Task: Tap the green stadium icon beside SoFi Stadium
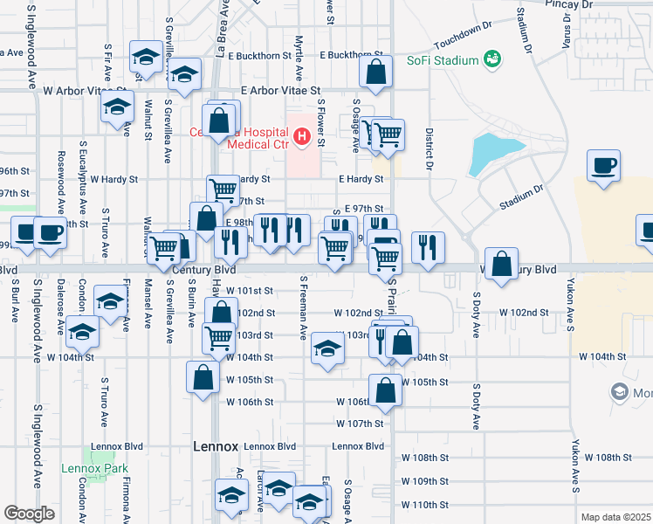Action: (x=493, y=59)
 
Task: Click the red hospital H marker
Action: (x=302, y=135)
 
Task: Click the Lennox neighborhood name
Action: (x=215, y=446)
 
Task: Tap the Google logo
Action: (x=29, y=514)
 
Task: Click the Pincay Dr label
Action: (x=569, y=4)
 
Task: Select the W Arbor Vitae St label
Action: (x=84, y=90)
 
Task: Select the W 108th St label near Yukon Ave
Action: (x=608, y=458)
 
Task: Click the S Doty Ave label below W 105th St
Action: (x=477, y=406)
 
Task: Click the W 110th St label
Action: (x=424, y=505)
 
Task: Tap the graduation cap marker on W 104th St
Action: (x=327, y=349)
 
